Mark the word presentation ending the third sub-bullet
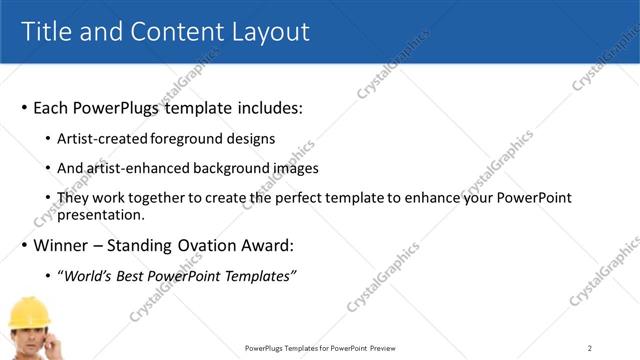click(101, 214)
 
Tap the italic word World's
click(86, 275)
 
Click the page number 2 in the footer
click(590, 348)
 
